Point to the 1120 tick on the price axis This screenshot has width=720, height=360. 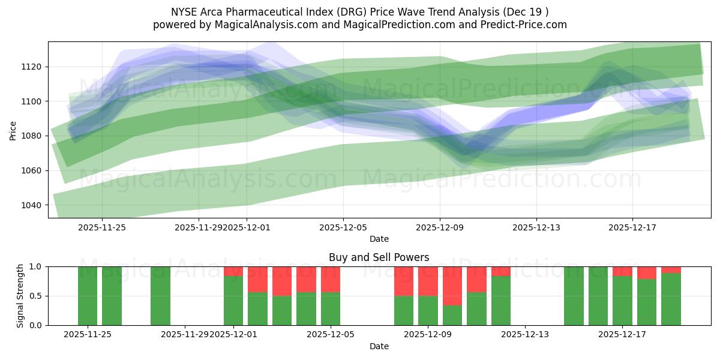tap(31, 67)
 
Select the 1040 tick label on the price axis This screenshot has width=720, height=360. tap(31, 205)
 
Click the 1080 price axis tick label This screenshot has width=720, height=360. tap(31, 136)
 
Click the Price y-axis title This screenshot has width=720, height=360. tap(13, 130)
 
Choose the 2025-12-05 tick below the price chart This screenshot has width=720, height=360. tap(343, 227)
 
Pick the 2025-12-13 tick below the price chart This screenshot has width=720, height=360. tap(536, 227)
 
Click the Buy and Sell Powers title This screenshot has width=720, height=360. tap(379, 257)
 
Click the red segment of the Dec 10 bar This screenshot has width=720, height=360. tap(452, 286)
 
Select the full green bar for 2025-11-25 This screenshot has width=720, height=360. tap(88, 296)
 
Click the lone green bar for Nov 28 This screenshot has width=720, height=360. tap(160, 296)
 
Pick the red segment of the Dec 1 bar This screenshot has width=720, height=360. tap(233, 271)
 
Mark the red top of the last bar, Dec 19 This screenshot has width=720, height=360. tap(671, 269)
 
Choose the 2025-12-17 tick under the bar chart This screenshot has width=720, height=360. tap(622, 334)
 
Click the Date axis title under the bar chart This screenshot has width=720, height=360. tap(379, 346)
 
